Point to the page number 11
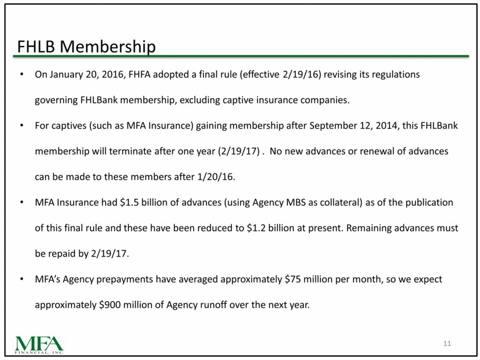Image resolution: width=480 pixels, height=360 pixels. tap(446, 344)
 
